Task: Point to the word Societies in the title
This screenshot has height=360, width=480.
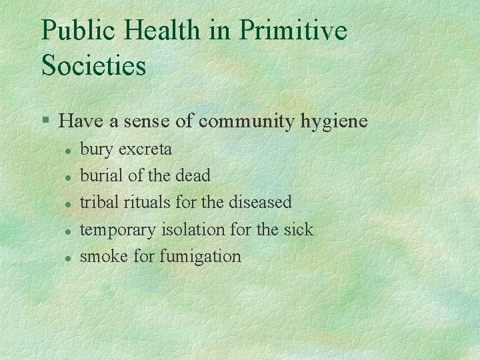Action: click(x=93, y=65)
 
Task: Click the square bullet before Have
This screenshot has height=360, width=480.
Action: click(x=45, y=121)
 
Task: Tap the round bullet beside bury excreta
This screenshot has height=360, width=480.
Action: click(x=68, y=149)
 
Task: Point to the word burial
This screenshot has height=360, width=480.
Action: click(x=99, y=175)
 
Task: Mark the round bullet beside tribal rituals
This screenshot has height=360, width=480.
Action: click(x=68, y=203)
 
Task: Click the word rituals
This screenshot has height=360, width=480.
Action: click(x=147, y=202)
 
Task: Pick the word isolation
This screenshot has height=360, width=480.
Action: click(x=193, y=229)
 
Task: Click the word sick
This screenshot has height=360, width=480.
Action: click(x=297, y=229)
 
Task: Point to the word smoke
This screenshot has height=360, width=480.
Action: click(x=103, y=255)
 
